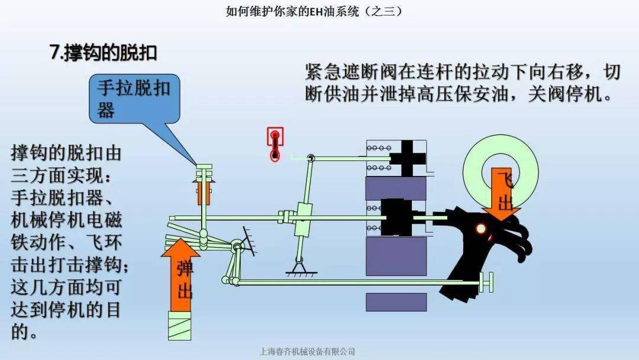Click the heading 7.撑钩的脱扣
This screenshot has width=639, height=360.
pyautogui.click(x=103, y=53)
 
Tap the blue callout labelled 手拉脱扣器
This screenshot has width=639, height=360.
pyautogui.click(x=134, y=99)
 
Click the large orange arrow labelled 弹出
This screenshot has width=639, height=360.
pyautogui.click(x=180, y=275)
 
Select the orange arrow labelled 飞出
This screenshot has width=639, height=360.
pyautogui.click(x=501, y=193)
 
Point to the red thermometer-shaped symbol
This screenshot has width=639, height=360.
pyautogui.click(x=275, y=144)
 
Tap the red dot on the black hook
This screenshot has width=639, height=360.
pyautogui.click(x=481, y=229)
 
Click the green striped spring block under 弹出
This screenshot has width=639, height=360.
pyautogui.click(x=180, y=325)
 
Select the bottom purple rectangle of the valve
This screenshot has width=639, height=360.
pyautogui.click(x=396, y=302)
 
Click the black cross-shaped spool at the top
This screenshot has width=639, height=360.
pyautogui.click(x=408, y=158)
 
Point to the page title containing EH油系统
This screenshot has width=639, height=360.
pyautogui.click(x=314, y=11)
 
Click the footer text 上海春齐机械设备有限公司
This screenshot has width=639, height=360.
pyautogui.click(x=307, y=352)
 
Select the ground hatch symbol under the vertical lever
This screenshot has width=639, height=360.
pyautogui.click(x=301, y=272)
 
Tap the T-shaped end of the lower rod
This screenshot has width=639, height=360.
pyautogui.click(x=486, y=282)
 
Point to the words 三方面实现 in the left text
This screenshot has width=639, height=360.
pyautogui.click(x=55, y=176)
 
